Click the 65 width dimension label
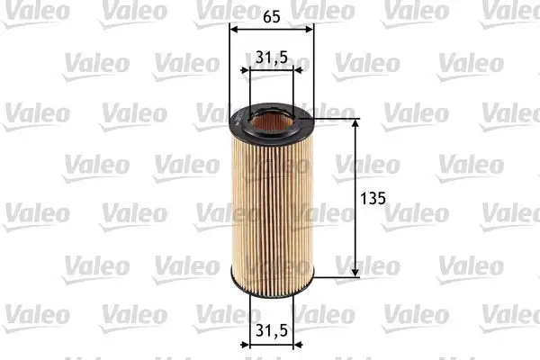[272, 15]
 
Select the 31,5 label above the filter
[271, 58]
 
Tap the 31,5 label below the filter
[271, 330]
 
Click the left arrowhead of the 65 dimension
[234, 29]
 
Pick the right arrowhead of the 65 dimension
[310, 29]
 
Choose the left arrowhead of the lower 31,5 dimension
[252, 345]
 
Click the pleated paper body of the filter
[272, 207]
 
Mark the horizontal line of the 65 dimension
[272, 29]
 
